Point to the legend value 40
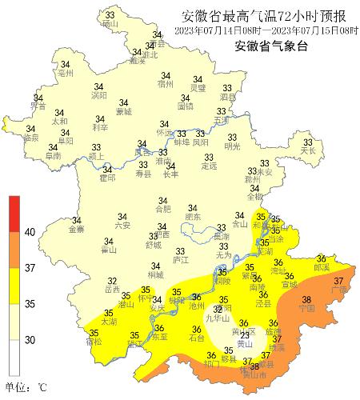tap(31, 232)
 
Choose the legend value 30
tap(31, 339)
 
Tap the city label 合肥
tap(162, 209)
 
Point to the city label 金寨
tap(77, 230)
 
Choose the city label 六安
tap(122, 226)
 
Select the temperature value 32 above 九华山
tap(218, 309)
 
